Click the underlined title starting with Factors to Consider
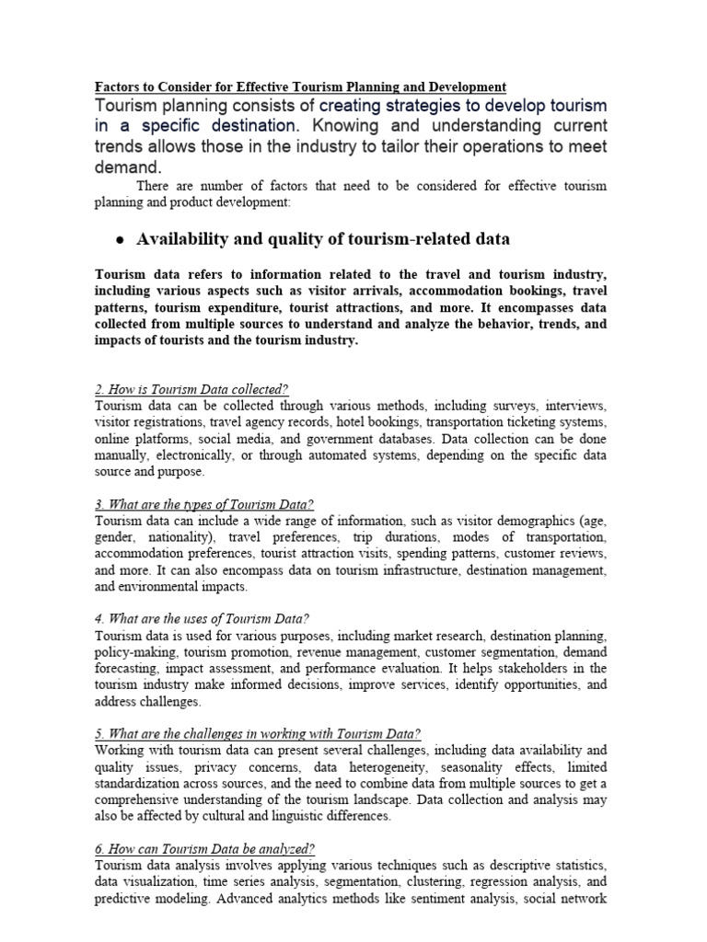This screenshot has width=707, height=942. [x=301, y=87]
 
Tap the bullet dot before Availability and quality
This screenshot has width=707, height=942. [x=120, y=240]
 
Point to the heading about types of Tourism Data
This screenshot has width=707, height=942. [x=203, y=504]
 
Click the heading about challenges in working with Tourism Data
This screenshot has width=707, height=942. [x=258, y=733]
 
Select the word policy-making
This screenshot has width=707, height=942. [x=134, y=652]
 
